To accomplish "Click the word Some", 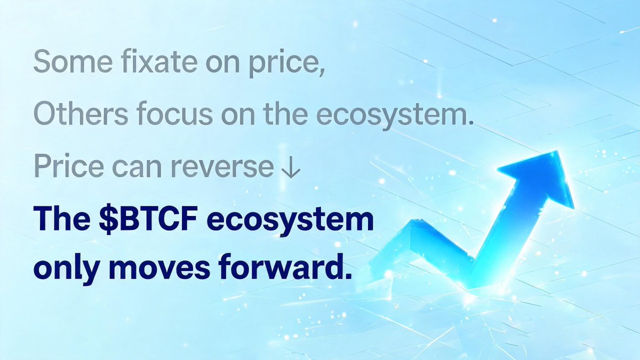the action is pos(73,62).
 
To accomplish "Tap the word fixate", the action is pos(159,61).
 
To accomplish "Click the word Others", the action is pos(81,114).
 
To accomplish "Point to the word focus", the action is pos(175,114).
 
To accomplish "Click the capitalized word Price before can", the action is pos(69,166).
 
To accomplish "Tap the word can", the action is pos(138,169).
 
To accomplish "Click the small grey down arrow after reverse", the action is pos(291,169).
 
